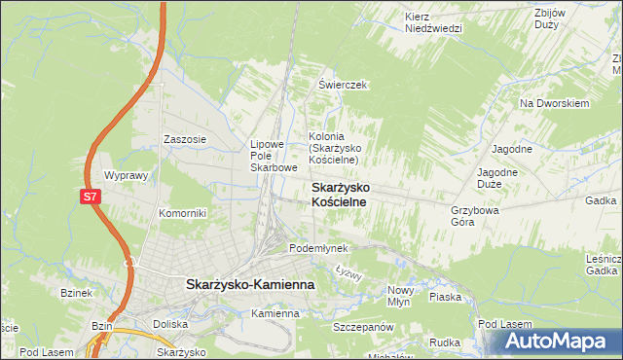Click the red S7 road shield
click(x=90, y=197)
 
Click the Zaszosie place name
click(x=185, y=139)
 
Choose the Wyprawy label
click(x=125, y=176)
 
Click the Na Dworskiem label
click(x=555, y=103)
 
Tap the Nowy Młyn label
click(x=401, y=297)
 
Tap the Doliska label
click(x=169, y=324)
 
